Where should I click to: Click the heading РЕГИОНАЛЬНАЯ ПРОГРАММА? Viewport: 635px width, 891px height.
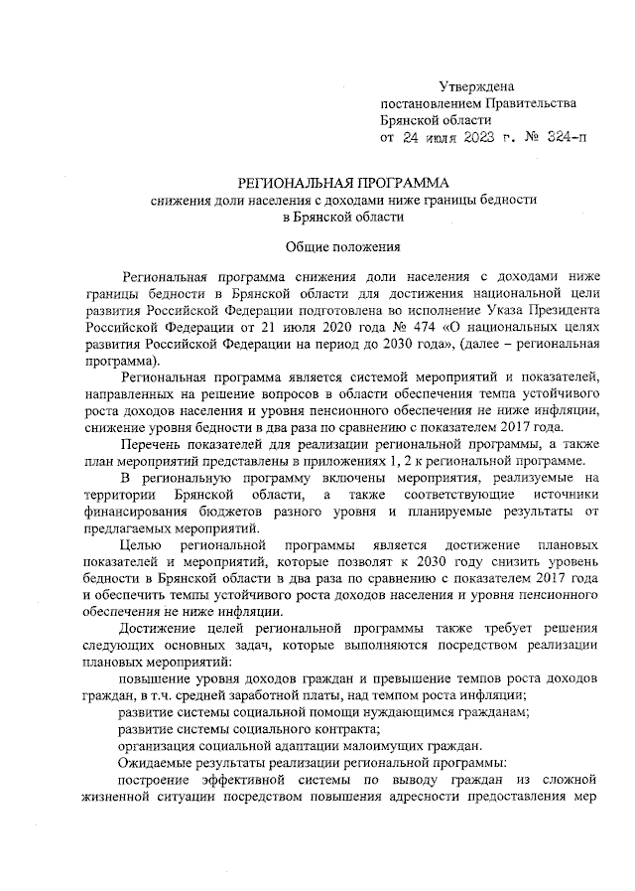pyautogui.click(x=341, y=183)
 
